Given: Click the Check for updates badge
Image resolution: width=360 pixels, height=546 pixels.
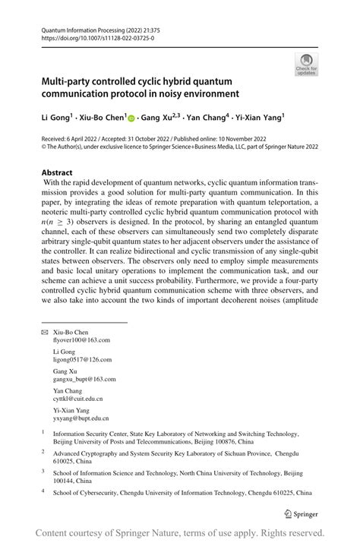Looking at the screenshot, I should pos(305,64).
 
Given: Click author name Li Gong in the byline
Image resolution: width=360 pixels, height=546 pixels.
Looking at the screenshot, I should pos(56,119).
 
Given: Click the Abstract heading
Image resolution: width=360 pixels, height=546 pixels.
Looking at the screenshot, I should pos(57,172).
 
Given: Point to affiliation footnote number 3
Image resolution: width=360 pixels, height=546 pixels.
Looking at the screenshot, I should pos(43,471).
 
